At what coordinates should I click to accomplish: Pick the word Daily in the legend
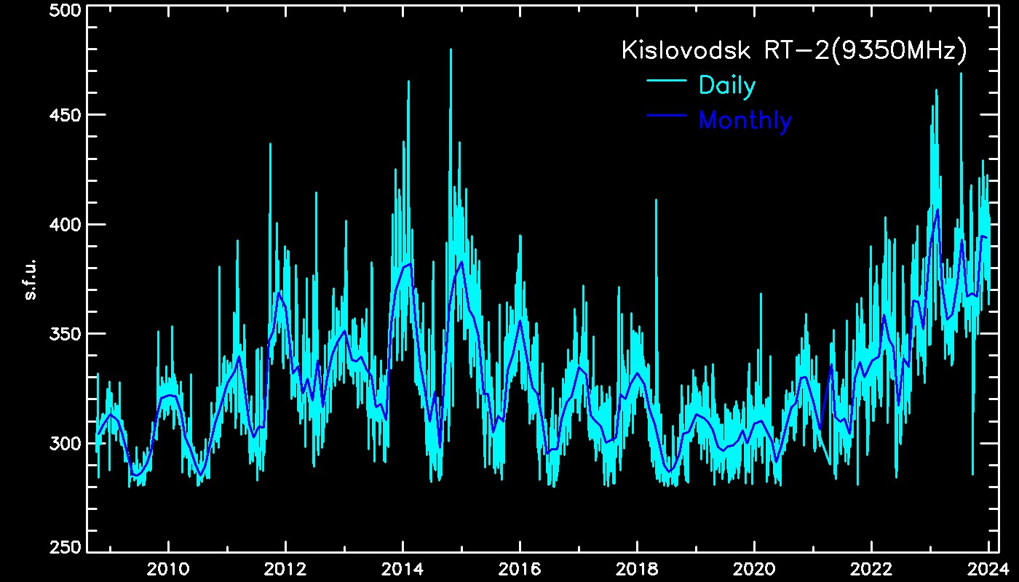(x=726, y=86)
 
